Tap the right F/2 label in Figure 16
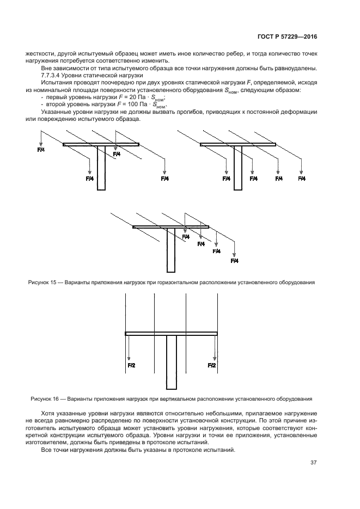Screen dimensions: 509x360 212,365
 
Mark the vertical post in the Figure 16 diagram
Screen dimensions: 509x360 172,362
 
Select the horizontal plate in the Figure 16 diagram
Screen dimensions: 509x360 172,333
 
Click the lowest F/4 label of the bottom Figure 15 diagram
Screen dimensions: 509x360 235,261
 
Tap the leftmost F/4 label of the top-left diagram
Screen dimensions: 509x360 41,149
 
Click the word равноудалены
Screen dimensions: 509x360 296,68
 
